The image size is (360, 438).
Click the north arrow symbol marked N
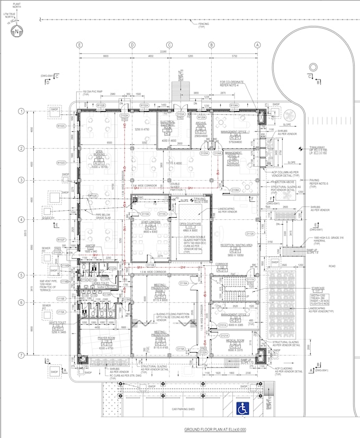click(17, 32)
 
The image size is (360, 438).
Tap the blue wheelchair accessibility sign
click(242, 408)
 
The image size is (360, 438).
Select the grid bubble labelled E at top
click(80, 45)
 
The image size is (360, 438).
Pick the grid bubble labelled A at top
click(258, 45)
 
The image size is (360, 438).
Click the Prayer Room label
click(106, 338)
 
